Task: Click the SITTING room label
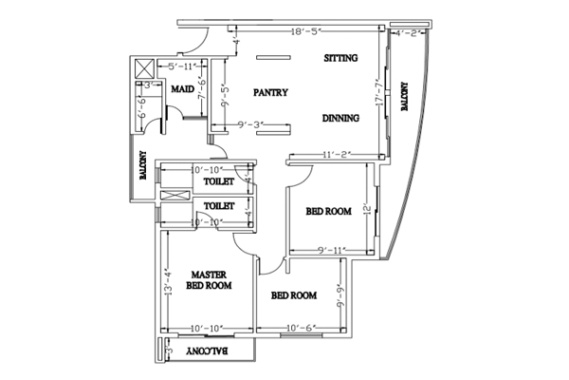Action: [x=341, y=59]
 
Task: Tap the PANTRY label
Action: [x=270, y=92]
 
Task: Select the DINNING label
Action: [x=340, y=119]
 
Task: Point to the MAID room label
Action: [x=183, y=89]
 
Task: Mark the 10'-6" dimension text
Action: [x=301, y=329]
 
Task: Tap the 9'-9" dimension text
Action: [x=340, y=300]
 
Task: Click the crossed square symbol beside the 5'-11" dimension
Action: [x=145, y=68]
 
